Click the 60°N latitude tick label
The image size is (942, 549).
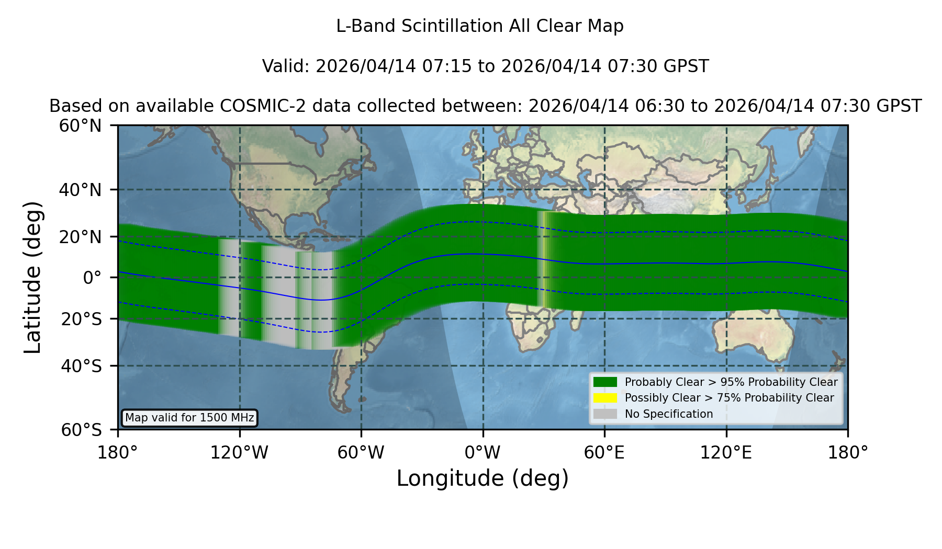[80, 126]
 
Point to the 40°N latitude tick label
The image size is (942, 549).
[80, 190]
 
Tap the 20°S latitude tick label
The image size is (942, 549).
[81, 319]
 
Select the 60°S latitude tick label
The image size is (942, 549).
[81, 430]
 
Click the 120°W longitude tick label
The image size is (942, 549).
[239, 453]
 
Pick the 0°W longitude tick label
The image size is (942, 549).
[483, 453]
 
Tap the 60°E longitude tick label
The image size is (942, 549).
[604, 453]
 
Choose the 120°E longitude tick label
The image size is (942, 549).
[726, 453]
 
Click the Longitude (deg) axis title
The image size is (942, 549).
[483, 478]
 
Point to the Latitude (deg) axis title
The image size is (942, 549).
[32, 277]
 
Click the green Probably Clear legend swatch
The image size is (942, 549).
[605, 382]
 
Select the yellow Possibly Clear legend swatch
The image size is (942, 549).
[605, 398]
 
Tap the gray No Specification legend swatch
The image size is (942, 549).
[605, 414]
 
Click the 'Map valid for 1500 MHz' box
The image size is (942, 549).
[189, 418]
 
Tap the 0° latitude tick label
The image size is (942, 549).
[92, 278]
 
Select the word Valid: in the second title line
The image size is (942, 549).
[286, 66]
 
